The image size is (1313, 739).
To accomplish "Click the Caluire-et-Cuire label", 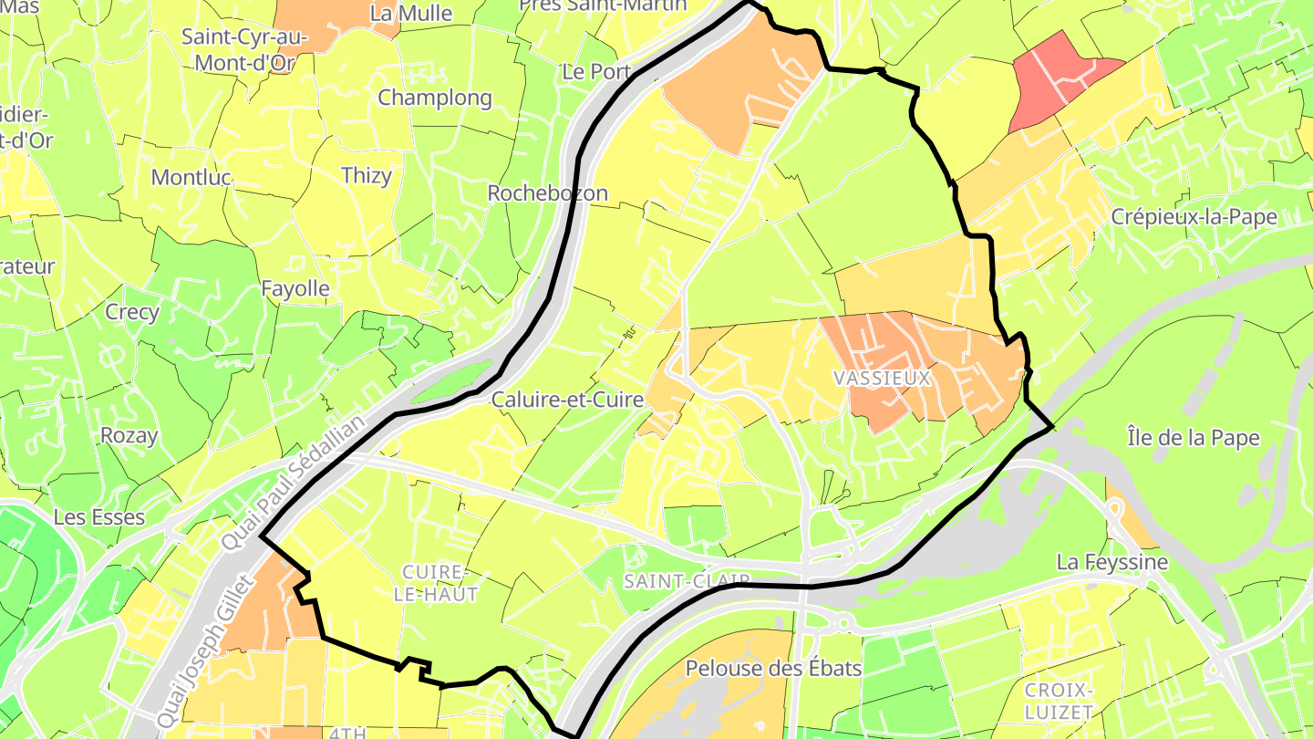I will click(x=567, y=400).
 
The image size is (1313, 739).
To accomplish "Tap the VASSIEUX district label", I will click(x=882, y=378).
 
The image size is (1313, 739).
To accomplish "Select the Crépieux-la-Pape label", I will click(x=1194, y=217).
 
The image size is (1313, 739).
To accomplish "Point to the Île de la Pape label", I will click(x=1193, y=438).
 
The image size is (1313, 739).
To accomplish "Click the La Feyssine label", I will click(x=1111, y=562).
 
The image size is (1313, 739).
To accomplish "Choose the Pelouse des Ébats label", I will click(x=773, y=669).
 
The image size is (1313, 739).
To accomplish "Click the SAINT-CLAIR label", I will click(x=687, y=581).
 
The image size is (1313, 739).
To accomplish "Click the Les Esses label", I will click(x=99, y=517).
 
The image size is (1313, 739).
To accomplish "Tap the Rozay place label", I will click(x=129, y=435).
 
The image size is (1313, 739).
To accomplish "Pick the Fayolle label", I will click(x=295, y=289).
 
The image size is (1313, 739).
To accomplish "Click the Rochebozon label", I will click(x=547, y=193).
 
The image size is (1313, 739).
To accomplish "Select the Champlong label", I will click(x=434, y=98).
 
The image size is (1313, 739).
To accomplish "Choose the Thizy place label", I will click(x=366, y=176).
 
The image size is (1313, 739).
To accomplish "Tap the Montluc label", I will click(x=191, y=177).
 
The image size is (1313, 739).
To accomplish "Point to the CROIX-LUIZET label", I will click(x=1059, y=700).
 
